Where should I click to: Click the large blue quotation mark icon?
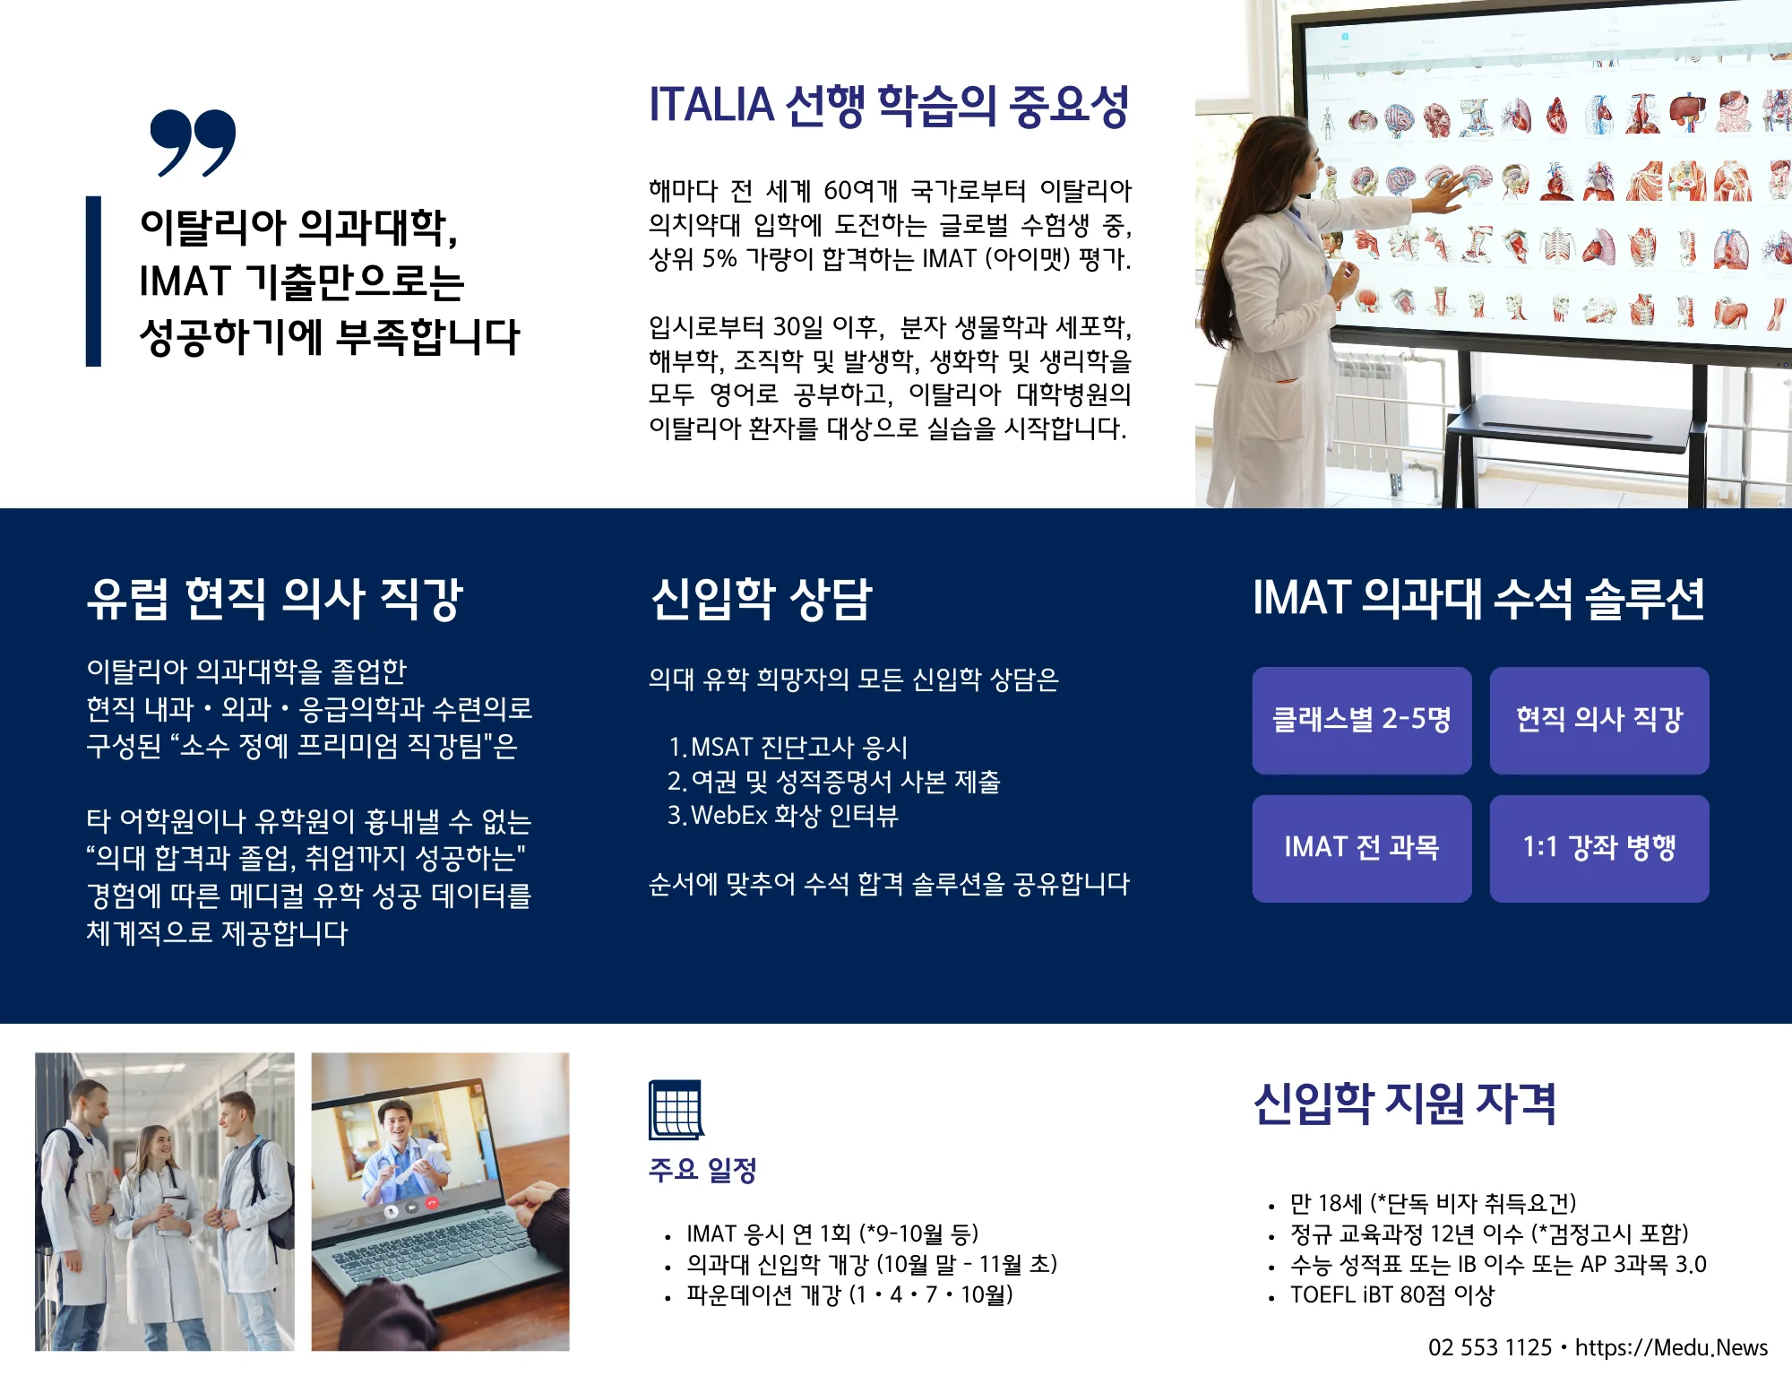(193, 143)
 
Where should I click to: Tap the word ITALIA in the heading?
(711, 105)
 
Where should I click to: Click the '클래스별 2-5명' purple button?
(1362, 720)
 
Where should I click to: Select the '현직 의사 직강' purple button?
(1599, 720)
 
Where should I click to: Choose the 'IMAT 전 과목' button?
(1362, 848)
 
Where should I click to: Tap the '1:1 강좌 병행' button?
(1599, 848)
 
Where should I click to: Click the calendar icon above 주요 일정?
(676, 1110)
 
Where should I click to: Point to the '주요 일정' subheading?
(703, 1170)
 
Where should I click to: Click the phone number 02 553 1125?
(1490, 1347)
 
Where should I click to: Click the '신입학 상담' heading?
(762, 599)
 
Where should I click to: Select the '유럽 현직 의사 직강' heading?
(275, 599)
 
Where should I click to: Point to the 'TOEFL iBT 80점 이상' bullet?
(1392, 1295)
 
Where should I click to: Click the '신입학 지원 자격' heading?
(1405, 1104)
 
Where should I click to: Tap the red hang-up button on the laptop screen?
(432, 1203)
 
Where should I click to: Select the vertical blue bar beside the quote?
(93, 281)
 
